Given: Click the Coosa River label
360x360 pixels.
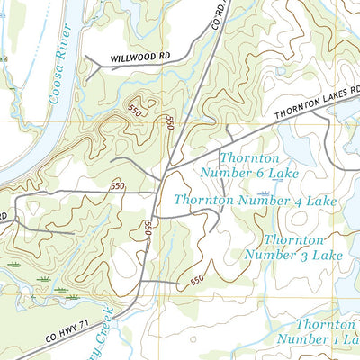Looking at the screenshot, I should (62, 71).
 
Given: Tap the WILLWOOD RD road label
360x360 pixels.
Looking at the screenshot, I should (139, 57).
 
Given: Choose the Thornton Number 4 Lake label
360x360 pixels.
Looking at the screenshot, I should (255, 201).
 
